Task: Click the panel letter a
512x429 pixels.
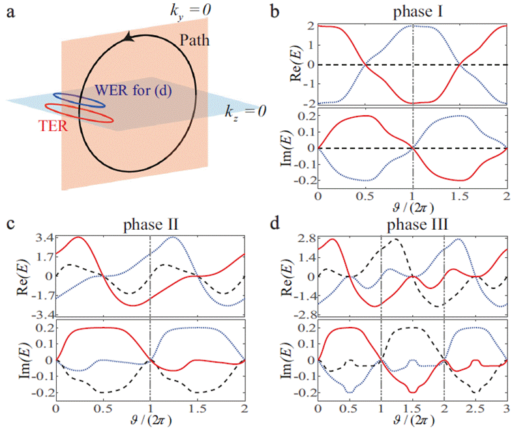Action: (x=10, y=11)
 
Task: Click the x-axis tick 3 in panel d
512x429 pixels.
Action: (x=506, y=409)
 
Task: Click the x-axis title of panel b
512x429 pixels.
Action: (x=412, y=207)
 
